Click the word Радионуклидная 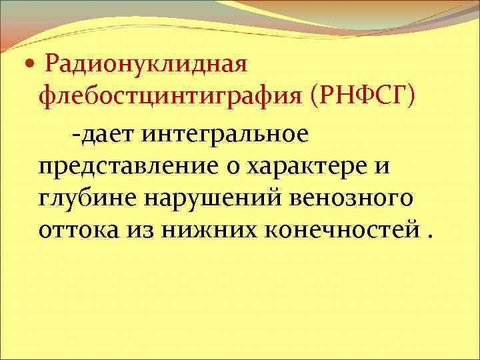tap(145, 65)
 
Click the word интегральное tap(225, 134)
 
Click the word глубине tap(81, 198)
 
